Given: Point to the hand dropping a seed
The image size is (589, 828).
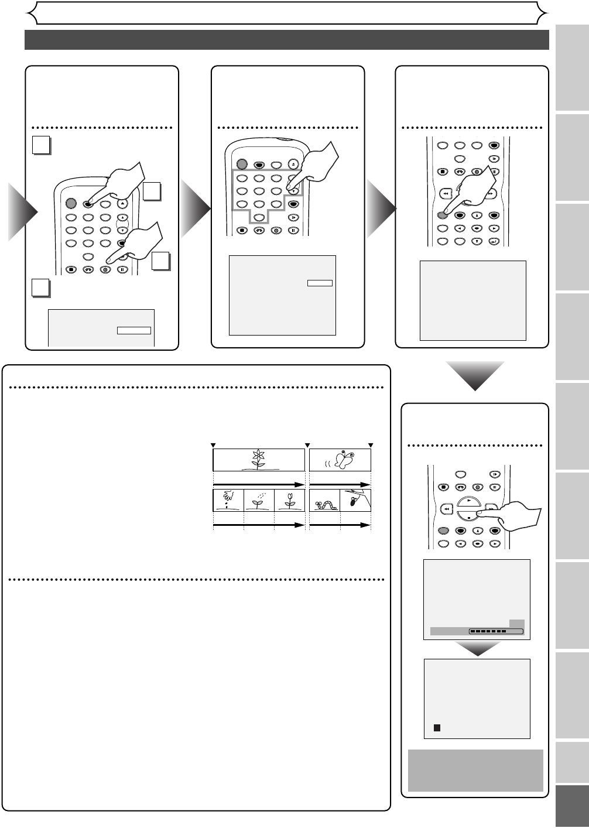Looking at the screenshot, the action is point(227,499).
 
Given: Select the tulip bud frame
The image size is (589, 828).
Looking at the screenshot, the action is point(289,500).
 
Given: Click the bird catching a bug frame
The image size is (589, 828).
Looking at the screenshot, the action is point(356,500).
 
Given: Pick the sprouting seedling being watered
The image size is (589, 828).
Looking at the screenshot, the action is point(258,500).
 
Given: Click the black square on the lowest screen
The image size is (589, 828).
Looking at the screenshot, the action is point(437,727).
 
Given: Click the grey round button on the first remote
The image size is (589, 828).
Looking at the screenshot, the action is point(71,204).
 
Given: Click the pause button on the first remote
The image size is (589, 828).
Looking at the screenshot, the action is point(122,270).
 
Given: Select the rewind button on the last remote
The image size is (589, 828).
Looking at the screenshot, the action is point(446,510).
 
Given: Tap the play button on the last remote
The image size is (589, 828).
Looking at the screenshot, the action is point(468,502).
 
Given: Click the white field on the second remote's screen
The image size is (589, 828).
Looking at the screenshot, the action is point(320,283).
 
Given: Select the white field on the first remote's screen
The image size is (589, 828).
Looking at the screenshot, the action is point(133,330).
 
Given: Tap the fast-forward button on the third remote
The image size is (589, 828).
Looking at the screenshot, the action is point(491,193).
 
